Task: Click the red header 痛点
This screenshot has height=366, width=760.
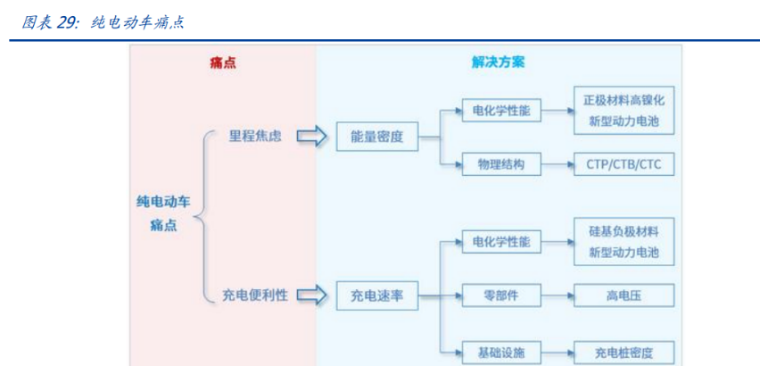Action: [x=222, y=63]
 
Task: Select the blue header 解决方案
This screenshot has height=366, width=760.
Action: [x=498, y=63]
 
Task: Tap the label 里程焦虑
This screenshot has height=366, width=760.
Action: [x=255, y=137]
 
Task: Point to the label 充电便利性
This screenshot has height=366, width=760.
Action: [x=254, y=295]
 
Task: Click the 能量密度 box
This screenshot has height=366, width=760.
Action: [x=377, y=137]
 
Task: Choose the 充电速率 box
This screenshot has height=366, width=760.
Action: [x=377, y=295]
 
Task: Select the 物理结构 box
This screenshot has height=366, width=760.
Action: [x=500, y=165]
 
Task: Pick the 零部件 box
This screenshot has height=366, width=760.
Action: [x=500, y=295]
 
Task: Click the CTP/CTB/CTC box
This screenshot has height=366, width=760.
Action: [x=624, y=165]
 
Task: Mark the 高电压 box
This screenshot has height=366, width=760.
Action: [x=624, y=295]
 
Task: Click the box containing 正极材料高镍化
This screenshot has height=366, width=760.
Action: [x=624, y=111]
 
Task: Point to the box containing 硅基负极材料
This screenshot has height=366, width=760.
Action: [x=624, y=241]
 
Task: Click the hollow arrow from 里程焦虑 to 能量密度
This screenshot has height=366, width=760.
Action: [x=311, y=137]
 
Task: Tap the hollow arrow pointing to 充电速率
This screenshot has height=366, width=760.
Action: [x=311, y=295]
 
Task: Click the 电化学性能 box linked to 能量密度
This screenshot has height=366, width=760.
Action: [x=500, y=111]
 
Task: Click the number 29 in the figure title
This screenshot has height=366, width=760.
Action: [x=67, y=22]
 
